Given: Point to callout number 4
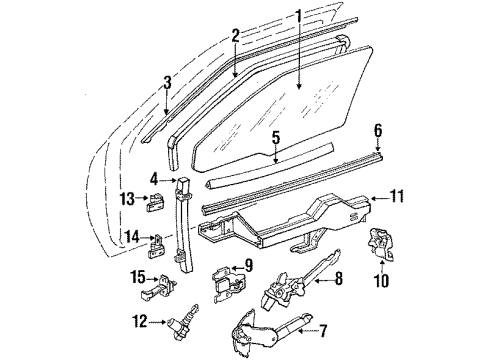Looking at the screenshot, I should coord(155,180).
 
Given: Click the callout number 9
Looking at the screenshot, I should coord(249,266).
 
